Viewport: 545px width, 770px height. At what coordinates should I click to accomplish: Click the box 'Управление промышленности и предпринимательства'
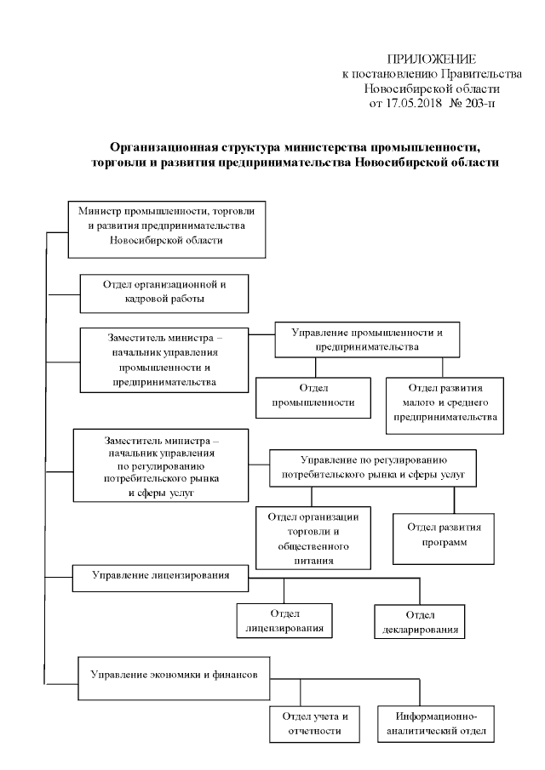[366, 339]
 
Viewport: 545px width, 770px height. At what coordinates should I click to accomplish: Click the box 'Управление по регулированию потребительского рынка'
[371, 467]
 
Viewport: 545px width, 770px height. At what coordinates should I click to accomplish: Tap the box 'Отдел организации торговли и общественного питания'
[313, 539]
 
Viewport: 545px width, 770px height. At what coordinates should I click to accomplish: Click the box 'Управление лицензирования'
[161, 576]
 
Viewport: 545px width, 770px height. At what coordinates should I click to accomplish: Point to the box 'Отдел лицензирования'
[284, 622]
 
